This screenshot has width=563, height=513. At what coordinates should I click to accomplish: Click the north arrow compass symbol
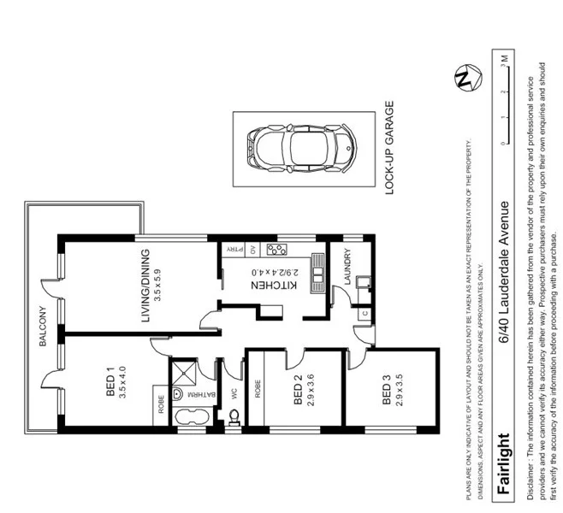click(465, 80)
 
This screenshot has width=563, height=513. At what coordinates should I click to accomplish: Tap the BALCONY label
click(42, 326)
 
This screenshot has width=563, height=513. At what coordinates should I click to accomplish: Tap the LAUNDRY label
click(347, 267)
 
